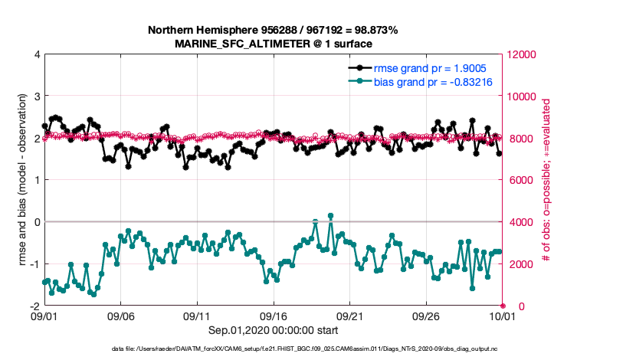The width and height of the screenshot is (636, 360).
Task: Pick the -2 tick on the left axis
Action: click(x=33, y=306)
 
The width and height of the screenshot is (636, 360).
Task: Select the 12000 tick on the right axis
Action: click(x=523, y=54)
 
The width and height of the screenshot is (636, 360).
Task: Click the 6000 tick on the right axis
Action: click(x=521, y=180)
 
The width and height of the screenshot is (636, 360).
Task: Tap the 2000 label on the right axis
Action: click(x=521, y=264)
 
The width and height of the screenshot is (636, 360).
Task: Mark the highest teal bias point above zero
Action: click(x=330, y=216)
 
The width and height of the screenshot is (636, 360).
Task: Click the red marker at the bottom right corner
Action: click(x=503, y=306)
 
